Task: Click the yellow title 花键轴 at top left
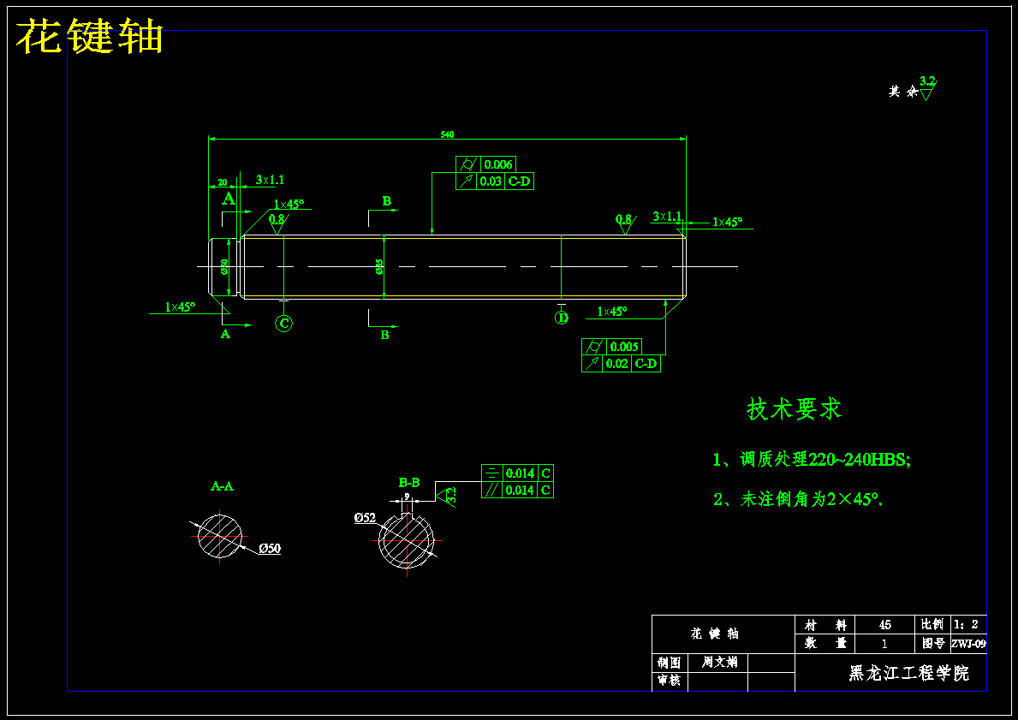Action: tap(90, 38)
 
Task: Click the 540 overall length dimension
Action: tap(447, 134)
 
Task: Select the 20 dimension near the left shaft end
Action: tap(223, 182)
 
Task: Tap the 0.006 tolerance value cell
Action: tap(498, 164)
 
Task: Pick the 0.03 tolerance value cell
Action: tap(491, 181)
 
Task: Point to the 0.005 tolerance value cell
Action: tap(624, 347)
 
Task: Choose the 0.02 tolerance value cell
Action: tap(616, 364)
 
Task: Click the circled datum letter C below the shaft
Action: tap(284, 323)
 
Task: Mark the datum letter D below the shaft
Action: tap(562, 318)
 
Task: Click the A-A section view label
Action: tap(222, 486)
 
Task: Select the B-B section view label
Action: tap(409, 483)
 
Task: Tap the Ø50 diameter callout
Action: tap(269, 549)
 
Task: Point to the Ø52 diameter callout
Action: tap(365, 517)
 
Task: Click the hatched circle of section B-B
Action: tap(407, 542)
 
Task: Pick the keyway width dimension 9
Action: tap(407, 497)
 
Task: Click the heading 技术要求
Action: tap(794, 409)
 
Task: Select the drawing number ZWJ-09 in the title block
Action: tap(968, 644)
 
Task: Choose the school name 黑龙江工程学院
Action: tap(908, 674)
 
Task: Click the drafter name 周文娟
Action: tap(719, 662)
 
